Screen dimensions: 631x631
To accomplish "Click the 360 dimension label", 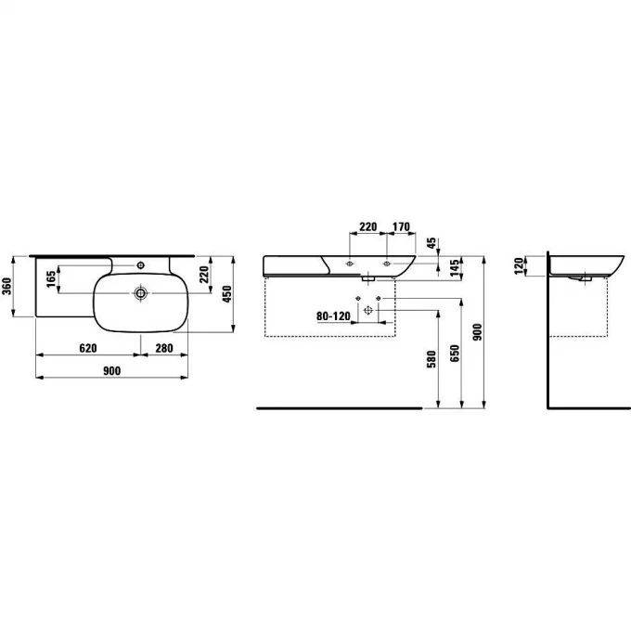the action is click(6, 286).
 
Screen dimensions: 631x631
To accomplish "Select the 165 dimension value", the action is click(51, 279).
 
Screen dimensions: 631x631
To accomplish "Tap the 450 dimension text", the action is click(227, 294).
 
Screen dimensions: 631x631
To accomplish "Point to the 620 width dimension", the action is click(88, 348).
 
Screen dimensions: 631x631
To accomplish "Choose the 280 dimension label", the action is click(164, 348).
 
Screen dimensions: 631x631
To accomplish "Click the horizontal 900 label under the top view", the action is click(111, 370).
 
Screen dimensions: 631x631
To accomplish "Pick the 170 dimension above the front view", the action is click(401, 226).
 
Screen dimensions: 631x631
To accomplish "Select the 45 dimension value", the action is click(431, 243).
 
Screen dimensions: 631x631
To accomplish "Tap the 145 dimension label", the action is click(455, 268).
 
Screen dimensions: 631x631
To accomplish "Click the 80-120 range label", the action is click(333, 316).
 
